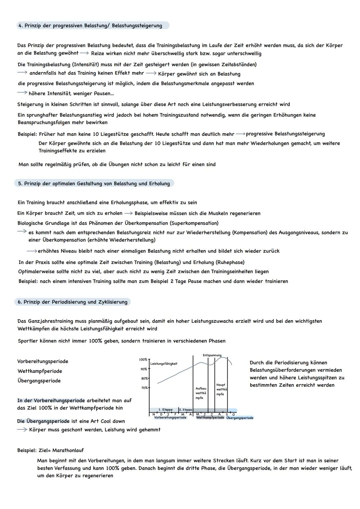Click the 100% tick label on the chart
click(143, 360)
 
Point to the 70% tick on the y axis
click(144, 388)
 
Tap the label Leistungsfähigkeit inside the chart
click(164, 364)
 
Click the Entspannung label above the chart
click(212, 355)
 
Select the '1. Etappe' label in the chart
click(165, 410)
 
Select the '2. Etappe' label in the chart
click(186, 410)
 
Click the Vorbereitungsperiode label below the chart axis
click(170, 418)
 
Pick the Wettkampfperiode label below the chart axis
click(210, 418)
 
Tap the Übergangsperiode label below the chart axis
click(240, 418)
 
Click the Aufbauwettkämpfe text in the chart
click(201, 393)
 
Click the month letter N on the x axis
click(154, 414)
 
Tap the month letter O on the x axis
click(233, 414)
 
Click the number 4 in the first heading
click(20, 26)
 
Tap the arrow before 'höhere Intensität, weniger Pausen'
click(22, 93)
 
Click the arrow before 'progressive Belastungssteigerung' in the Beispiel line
click(240, 134)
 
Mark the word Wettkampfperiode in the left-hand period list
click(40, 371)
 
